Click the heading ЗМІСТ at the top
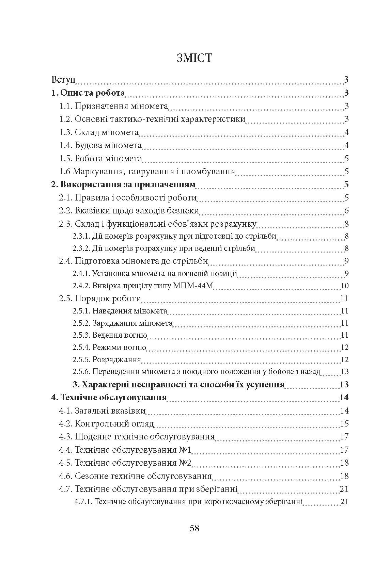pos(194,58)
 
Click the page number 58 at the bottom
pos(194,528)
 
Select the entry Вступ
pos(63,80)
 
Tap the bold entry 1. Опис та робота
pos(88,93)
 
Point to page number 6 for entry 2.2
pos(346,211)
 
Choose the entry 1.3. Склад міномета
pos(99,132)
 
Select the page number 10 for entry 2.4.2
pos(344,286)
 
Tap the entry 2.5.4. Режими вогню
pos(109,348)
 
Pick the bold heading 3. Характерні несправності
pos(179,385)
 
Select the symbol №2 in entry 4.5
pos(187,463)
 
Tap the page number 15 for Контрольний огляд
pos(344,424)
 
